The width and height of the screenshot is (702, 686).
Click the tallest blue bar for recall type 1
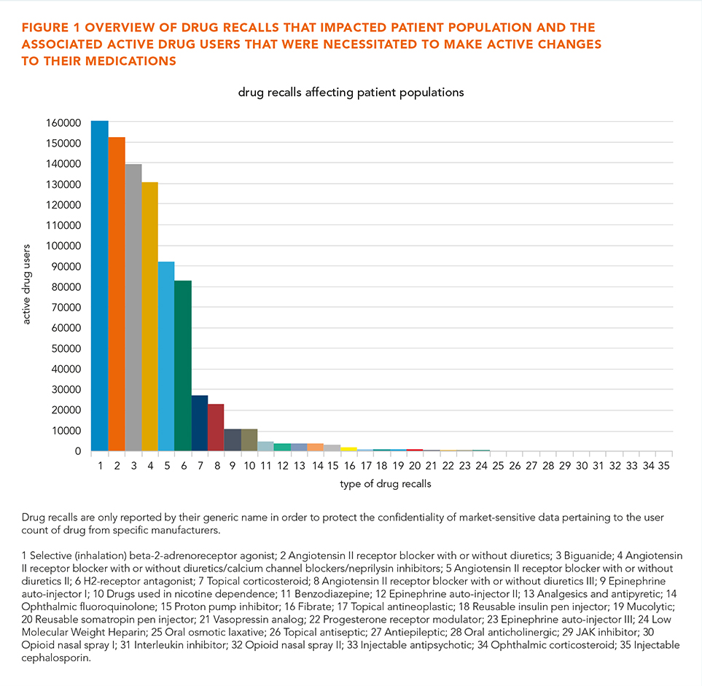[x=99, y=286]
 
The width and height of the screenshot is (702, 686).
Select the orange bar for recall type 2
[x=117, y=294]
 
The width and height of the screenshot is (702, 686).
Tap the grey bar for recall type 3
[x=133, y=307]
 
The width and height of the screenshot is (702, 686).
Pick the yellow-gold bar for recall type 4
[x=150, y=316]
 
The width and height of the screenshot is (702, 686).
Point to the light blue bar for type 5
[x=166, y=356]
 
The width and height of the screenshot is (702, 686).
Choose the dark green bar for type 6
[x=183, y=365]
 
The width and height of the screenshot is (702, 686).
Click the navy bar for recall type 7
[x=200, y=423]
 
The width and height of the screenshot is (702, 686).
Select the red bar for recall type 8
[x=217, y=427]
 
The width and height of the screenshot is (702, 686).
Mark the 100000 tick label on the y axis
[x=63, y=246]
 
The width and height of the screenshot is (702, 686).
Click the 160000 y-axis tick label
[x=63, y=122]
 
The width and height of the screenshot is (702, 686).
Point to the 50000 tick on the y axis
[x=66, y=348]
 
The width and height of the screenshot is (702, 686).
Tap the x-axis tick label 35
[x=664, y=466]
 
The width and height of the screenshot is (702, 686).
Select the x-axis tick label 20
[x=415, y=466]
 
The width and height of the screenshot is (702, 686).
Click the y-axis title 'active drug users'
[x=26, y=284]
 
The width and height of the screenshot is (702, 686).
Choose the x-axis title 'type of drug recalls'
[x=386, y=484]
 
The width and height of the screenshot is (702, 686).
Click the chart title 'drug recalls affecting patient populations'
[x=351, y=93]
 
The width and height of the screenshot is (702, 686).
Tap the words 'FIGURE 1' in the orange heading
[x=51, y=28]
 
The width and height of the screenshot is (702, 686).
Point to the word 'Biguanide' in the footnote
[x=588, y=556]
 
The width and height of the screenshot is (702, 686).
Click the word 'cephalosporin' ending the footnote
[x=56, y=658]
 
